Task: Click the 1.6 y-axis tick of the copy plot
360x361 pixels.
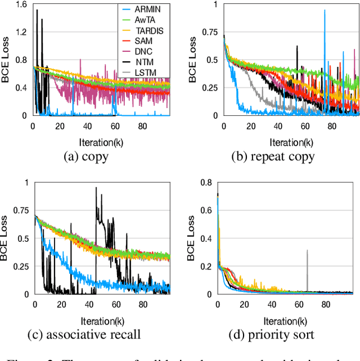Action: click(x=22, y=4)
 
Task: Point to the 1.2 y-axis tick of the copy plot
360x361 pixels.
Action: click(x=22, y=32)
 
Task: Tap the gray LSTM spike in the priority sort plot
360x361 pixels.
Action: click(x=307, y=251)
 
